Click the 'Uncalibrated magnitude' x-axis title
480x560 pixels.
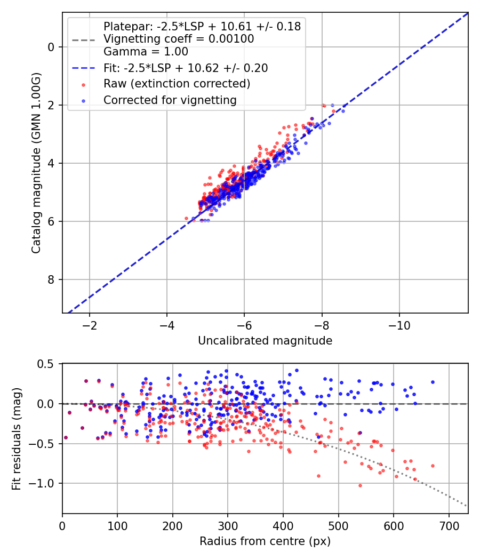point(265,341)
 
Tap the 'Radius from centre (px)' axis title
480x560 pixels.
point(265,541)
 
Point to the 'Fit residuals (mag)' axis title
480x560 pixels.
point(17,438)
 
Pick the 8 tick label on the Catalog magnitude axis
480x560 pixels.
point(51,279)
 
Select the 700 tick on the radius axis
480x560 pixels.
point(449,526)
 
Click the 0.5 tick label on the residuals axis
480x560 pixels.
point(47,364)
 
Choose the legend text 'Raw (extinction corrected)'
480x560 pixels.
point(177,84)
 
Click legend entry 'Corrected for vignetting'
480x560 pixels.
point(170,100)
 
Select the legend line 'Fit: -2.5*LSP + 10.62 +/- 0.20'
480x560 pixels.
point(185,68)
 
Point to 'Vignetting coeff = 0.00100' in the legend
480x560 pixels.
point(179,39)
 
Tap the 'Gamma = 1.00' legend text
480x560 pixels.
point(146,52)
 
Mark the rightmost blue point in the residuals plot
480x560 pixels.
point(433,382)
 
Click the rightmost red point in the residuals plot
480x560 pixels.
point(433,466)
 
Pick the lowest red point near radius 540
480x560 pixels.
point(360,485)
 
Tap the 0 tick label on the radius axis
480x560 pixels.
point(62,526)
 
